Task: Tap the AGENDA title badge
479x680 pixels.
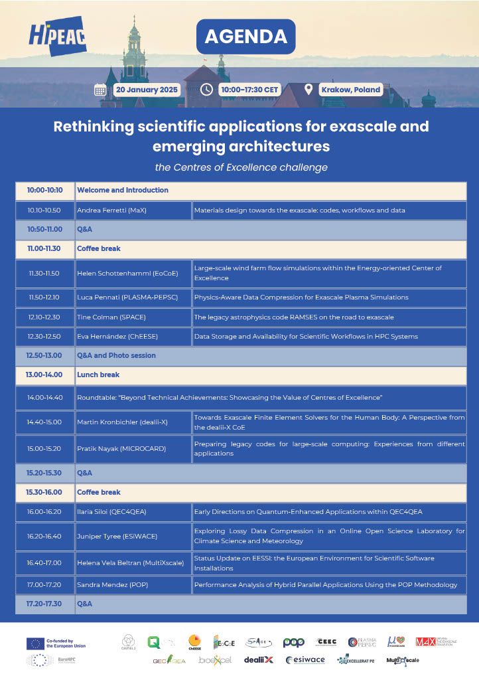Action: coord(245,37)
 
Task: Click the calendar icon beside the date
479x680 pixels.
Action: coord(100,90)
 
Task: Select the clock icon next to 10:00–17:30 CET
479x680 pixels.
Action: coord(206,90)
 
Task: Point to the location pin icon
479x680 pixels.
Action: coord(308,90)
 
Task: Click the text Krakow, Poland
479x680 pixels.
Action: coord(350,90)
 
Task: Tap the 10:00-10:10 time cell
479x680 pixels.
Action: coord(45,190)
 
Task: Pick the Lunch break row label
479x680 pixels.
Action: coord(99,375)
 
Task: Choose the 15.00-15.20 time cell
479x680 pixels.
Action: coord(45,448)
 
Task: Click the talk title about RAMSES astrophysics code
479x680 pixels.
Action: coord(293,317)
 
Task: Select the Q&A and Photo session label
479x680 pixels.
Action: coord(116,355)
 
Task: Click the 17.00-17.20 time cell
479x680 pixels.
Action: coord(45,585)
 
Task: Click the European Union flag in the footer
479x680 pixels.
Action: coord(35,643)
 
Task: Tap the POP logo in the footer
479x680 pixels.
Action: coord(293,642)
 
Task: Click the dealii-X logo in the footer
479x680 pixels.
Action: coord(259,659)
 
